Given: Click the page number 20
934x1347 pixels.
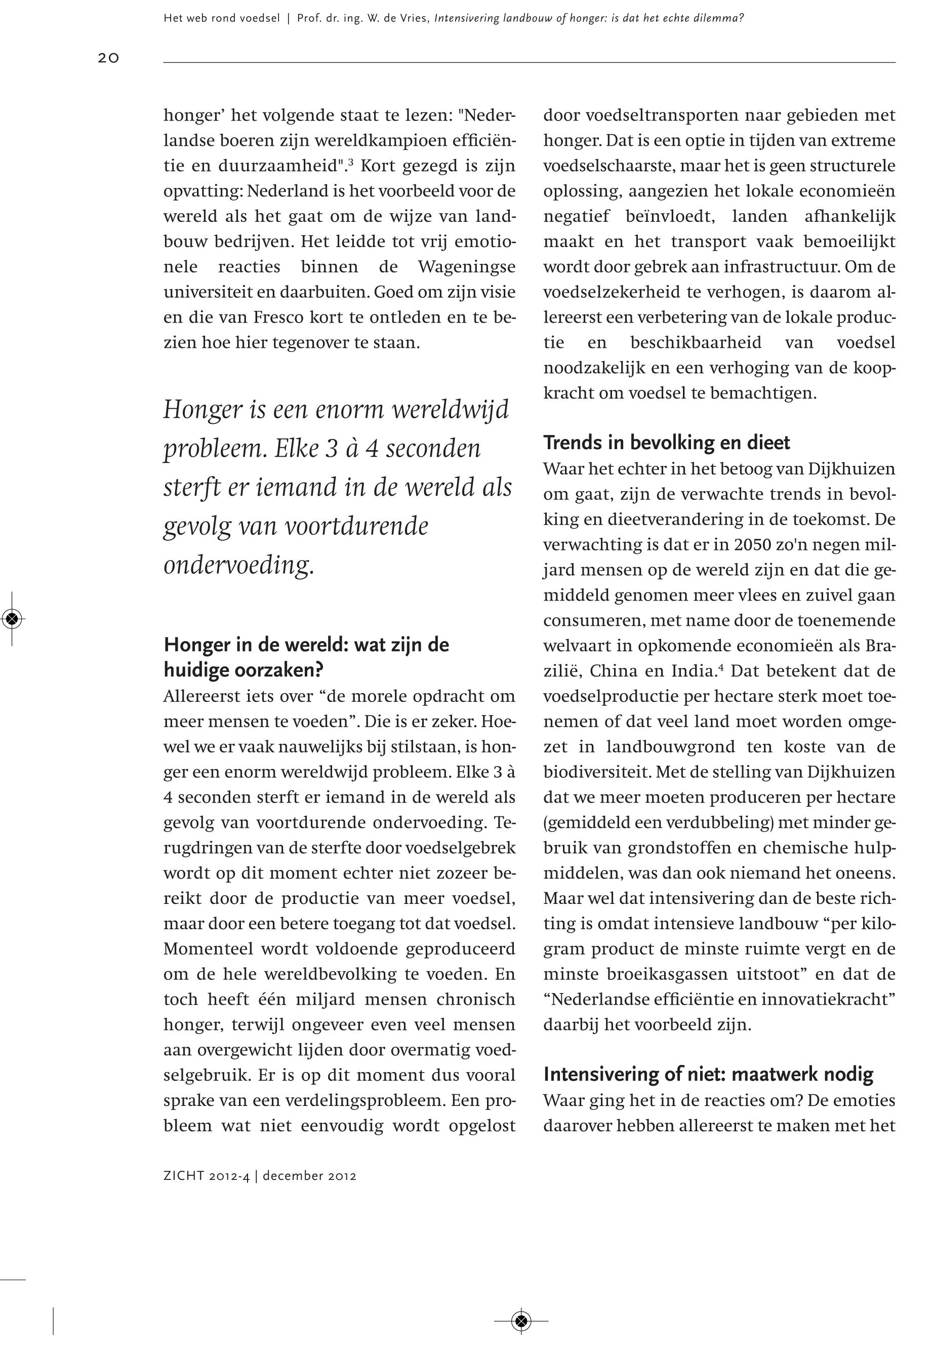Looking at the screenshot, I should click(108, 57).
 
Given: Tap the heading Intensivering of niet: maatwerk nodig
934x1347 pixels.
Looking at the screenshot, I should click(708, 1074).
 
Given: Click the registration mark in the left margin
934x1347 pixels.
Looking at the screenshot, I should click(12, 618).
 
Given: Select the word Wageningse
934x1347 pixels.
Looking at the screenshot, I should click(466, 267).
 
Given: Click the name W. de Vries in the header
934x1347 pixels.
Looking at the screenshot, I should click(398, 18).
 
